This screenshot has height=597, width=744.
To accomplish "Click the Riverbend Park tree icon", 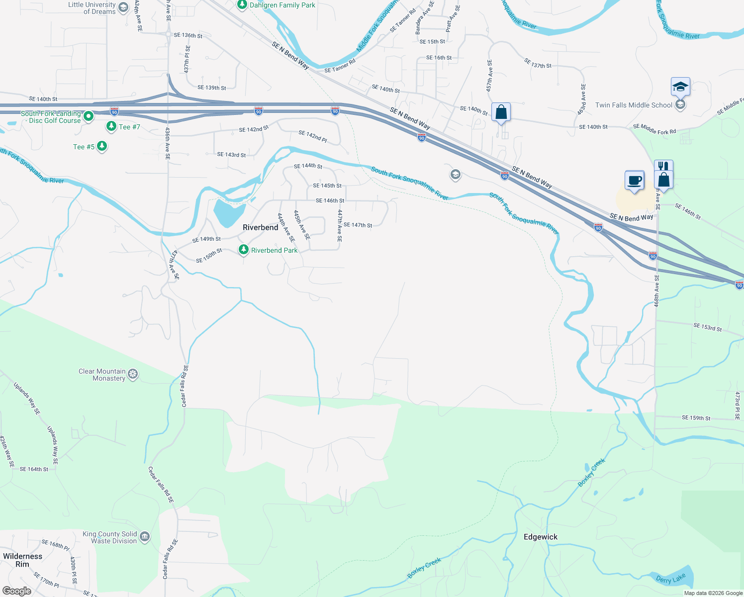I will pyautogui.click(x=243, y=250).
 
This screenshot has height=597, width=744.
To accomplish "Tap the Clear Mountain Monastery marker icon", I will pyautogui.click(x=133, y=374).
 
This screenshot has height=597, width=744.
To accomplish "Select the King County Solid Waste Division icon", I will pyautogui.click(x=145, y=536).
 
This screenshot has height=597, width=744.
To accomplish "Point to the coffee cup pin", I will pyautogui.click(x=634, y=180).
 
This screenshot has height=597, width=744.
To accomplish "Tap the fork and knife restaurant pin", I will pyautogui.click(x=663, y=166).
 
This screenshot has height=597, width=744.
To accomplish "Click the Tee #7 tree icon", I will pyautogui.click(x=111, y=126).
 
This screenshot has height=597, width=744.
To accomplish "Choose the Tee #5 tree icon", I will pyautogui.click(x=102, y=146).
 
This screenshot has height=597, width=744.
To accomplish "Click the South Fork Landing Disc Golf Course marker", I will pyautogui.click(x=89, y=116).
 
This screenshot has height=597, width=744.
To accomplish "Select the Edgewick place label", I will pyautogui.click(x=541, y=537).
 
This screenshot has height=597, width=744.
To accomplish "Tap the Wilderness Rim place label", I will pyautogui.click(x=22, y=560).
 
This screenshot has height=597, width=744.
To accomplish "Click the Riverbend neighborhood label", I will pyautogui.click(x=260, y=227).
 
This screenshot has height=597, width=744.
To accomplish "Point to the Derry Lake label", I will pyautogui.click(x=670, y=579).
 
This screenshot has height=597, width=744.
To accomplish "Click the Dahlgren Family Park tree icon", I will pyautogui.click(x=242, y=5).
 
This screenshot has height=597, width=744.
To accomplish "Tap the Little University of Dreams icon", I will pyautogui.click(x=123, y=8).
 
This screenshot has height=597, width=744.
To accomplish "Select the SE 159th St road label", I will pyautogui.click(x=696, y=418).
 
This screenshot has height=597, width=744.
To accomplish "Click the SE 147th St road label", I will pyautogui.click(x=358, y=225).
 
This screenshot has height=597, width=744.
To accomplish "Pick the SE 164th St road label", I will pyautogui.click(x=34, y=469).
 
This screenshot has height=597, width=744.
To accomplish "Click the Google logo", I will pyautogui.click(x=17, y=591).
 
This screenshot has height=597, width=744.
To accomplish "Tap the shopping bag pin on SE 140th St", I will pyautogui.click(x=501, y=112).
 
